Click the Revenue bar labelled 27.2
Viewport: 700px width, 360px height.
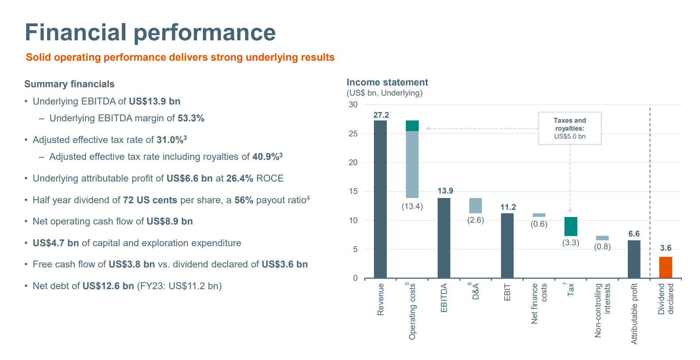point(380,199)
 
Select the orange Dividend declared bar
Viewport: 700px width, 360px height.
point(665,267)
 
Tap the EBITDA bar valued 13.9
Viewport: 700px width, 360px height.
point(444,238)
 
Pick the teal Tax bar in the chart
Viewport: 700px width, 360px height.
point(571,226)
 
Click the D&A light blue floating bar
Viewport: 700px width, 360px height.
point(475,205)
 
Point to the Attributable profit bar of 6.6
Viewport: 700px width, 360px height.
point(634,259)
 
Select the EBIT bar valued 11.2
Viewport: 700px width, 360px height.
point(507,246)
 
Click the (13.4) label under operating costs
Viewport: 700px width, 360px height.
point(412,207)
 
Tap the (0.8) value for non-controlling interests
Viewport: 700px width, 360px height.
point(602,247)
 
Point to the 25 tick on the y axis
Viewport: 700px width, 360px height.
point(353,134)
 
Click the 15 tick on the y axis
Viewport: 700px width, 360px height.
point(353,191)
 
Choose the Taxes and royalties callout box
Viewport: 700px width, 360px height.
point(570,128)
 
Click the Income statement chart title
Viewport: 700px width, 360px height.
point(387,82)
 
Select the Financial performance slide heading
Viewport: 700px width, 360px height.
point(150,33)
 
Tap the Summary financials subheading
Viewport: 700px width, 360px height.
point(70,84)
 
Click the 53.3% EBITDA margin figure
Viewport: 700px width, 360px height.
point(191,118)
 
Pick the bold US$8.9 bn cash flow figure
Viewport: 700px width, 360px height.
point(170,221)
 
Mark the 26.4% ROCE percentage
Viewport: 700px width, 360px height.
point(240,178)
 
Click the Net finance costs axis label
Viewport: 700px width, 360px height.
point(539,304)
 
